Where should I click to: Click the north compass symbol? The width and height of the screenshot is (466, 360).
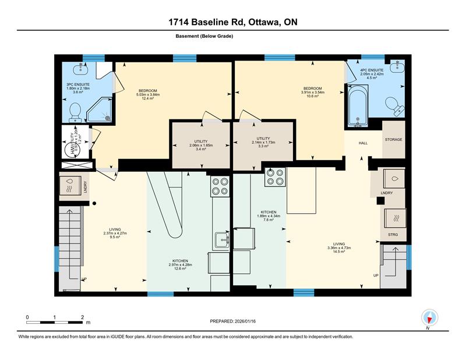pyautogui.click(x=429, y=318)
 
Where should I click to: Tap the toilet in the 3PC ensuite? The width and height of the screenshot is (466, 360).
pyautogui.click(x=75, y=111)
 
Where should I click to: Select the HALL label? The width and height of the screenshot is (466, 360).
pyautogui.click(x=363, y=143)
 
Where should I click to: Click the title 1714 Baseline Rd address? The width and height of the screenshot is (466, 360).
pyautogui.click(x=232, y=22)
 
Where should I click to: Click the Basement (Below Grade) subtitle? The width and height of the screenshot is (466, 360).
pyautogui.click(x=204, y=36)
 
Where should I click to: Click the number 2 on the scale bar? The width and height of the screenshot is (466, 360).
pyautogui.click(x=82, y=317)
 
